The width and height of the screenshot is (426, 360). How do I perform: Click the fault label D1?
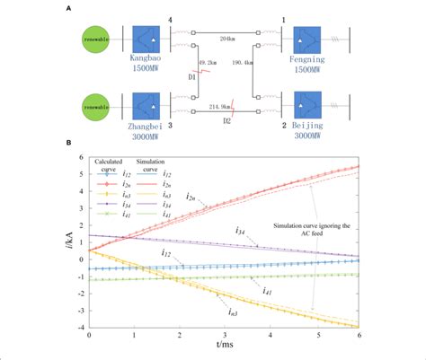tap(191, 76)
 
